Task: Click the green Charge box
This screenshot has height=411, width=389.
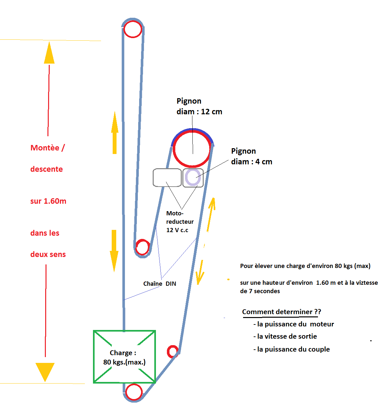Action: (124, 357)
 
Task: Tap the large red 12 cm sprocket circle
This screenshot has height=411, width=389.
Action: (192, 149)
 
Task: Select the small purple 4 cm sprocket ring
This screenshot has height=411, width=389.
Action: (193, 177)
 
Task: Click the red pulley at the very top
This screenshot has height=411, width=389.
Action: (133, 29)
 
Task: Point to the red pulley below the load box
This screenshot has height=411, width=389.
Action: (134, 392)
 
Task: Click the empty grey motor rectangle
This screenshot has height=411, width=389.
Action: (167, 177)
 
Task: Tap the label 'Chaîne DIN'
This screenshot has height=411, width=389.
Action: (159, 283)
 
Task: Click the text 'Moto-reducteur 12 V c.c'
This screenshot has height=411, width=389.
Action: (179, 221)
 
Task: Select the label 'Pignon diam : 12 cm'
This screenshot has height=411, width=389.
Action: (199, 106)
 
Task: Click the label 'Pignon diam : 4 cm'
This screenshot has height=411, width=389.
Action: (251, 156)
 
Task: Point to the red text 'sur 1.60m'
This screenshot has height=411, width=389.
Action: (48, 201)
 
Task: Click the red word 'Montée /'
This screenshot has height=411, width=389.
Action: (47, 148)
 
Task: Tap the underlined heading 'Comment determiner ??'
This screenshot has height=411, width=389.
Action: (282, 312)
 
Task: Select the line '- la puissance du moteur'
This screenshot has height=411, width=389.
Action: (293, 324)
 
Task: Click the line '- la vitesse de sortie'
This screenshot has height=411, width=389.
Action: (285, 336)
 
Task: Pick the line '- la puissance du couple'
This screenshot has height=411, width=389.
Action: (292, 349)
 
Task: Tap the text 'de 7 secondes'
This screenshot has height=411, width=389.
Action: (260, 291)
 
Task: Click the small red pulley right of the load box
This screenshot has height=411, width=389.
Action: (173, 351)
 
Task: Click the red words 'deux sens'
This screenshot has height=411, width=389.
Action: (48, 254)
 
